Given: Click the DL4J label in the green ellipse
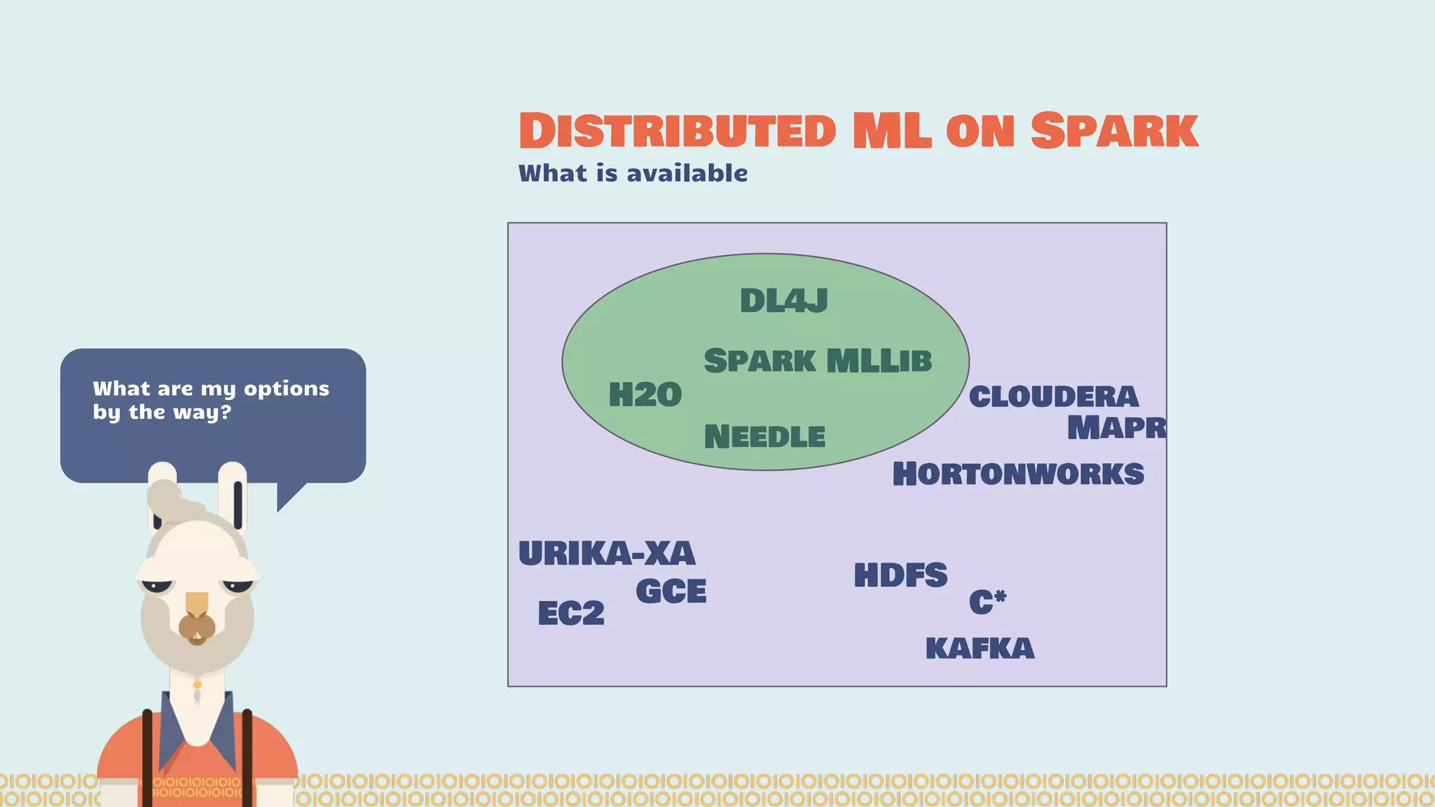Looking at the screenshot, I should coord(783,301).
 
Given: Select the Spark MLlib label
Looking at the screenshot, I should coord(818,361).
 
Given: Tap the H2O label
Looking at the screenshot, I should coord(645,395).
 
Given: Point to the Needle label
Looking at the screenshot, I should coord(764,437).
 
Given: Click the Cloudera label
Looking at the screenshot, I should coord(1053,397).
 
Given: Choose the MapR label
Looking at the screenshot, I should coord(1115,428).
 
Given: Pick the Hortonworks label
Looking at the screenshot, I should coord(1017,474).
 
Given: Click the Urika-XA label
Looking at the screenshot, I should coord(607,554).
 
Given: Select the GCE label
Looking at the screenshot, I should coord(671,592).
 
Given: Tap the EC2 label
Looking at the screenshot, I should coord(570,614).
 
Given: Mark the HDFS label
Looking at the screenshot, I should coord(900,576).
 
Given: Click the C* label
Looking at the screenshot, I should coord(987,602).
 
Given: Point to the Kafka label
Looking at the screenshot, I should coord(979,649).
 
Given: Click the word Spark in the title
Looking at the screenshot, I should coord(1114,131).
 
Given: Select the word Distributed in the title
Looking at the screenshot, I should coord(677,131).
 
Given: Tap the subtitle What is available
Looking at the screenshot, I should coord(633,173).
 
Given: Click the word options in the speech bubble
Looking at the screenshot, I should coord(286,389).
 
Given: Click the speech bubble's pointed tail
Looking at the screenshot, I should coord(289,495).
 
